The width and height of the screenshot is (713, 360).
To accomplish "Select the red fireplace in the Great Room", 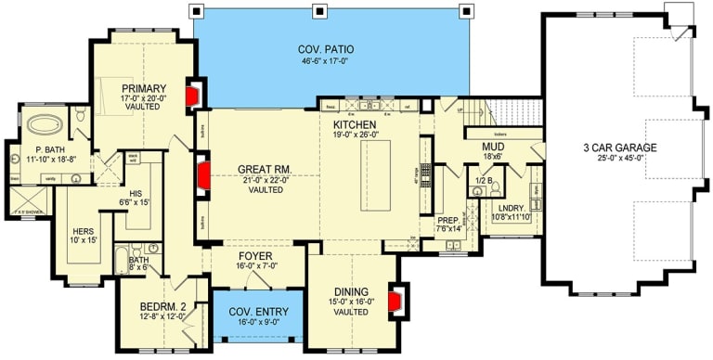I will pos(202,174).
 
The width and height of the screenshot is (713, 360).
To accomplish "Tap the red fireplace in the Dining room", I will pos(395,302).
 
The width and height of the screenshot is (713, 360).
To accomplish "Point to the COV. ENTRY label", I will pos(258,312).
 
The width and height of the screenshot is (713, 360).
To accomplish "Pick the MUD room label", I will pos(492,148).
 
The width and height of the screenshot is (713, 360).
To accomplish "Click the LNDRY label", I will pos(512,208).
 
